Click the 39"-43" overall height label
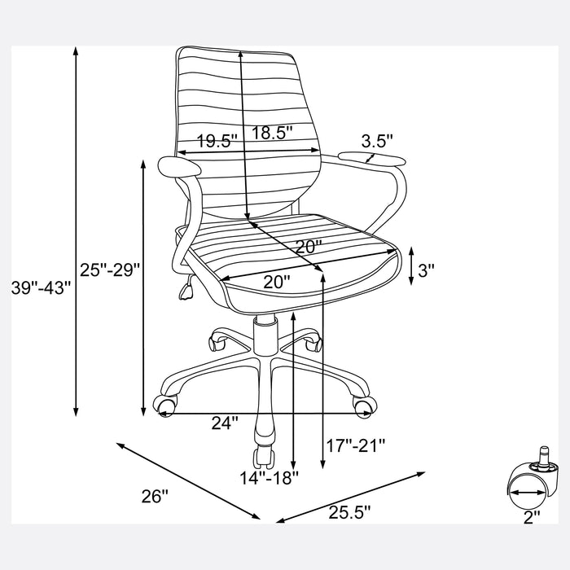pos(41,287)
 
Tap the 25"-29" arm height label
pos(110,270)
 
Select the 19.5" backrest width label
pos(217,141)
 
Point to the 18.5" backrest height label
pos(272,133)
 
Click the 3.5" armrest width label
pos(377,141)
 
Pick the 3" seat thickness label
pos(426,270)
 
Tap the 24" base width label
pos(225,423)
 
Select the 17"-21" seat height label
pos(355,445)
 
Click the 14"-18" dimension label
pos(269,478)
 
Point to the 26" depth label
pos(156,496)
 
